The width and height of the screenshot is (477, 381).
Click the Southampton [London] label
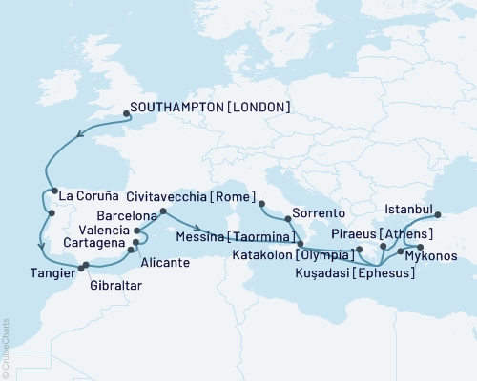pyautogui.click(x=212, y=108)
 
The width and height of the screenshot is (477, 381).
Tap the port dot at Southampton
pyautogui.click(x=127, y=115)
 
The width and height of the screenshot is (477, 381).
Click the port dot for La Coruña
pyautogui.click(x=53, y=190)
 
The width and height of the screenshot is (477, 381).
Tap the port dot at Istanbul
pyautogui.click(x=439, y=214)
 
